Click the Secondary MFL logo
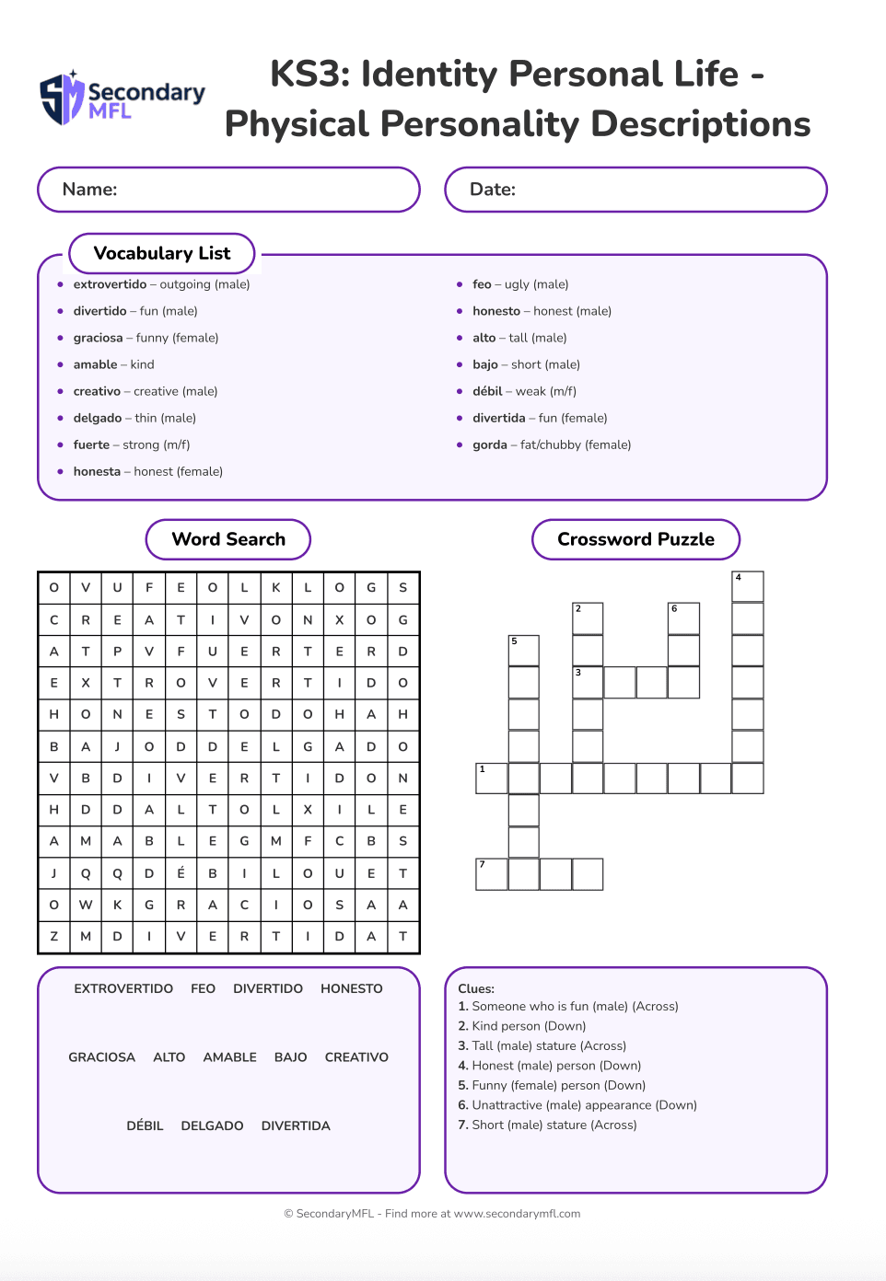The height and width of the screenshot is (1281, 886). pyautogui.click(x=122, y=98)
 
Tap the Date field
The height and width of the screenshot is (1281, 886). pyautogui.click(x=635, y=190)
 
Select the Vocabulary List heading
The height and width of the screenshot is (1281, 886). pyautogui.click(x=162, y=253)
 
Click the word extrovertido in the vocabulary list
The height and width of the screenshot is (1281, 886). pyautogui.click(x=110, y=284)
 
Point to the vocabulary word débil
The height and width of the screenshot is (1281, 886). pyautogui.click(x=487, y=391)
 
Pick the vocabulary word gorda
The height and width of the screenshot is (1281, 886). pyautogui.click(x=490, y=444)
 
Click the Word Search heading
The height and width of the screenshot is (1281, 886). pyautogui.click(x=228, y=539)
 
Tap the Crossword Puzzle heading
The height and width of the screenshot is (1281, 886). pyautogui.click(x=635, y=539)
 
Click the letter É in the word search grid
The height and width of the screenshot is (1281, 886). pyautogui.click(x=181, y=873)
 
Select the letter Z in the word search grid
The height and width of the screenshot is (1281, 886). pyautogui.click(x=54, y=936)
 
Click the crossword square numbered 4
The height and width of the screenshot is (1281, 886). pyautogui.click(x=748, y=587)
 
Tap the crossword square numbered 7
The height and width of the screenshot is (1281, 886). pyautogui.click(x=491, y=874)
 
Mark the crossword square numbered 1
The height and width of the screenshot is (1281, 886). pyautogui.click(x=491, y=779)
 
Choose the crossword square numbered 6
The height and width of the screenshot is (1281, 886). pyautogui.click(x=683, y=618)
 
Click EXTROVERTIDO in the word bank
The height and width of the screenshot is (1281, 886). pyautogui.click(x=123, y=988)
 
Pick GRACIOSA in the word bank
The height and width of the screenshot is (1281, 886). pyautogui.click(x=101, y=1057)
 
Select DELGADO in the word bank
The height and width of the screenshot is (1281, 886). pyautogui.click(x=212, y=1125)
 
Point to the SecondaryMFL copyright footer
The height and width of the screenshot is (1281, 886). pyautogui.click(x=432, y=1214)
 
